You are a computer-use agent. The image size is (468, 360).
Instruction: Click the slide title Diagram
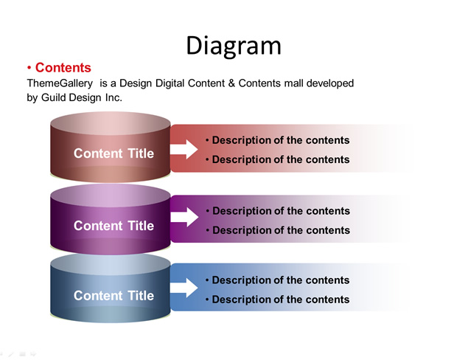pos(234,46)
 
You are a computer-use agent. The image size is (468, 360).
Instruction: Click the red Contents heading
pos(63,68)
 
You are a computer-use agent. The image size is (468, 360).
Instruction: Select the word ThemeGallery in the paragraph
pos(60,83)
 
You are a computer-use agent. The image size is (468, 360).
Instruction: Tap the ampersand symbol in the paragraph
pos(231,83)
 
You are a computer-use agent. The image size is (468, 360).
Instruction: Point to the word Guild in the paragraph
pos(53,97)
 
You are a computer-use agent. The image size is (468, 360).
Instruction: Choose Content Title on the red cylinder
pos(113,153)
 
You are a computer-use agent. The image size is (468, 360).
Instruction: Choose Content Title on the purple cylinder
pos(113,226)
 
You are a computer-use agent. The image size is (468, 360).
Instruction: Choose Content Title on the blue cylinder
pos(113,296)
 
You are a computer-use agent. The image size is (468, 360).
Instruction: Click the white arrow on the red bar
pos(184,149)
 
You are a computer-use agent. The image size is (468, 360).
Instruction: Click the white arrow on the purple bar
pos(184,217)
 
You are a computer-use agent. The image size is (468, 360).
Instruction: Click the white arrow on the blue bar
pos(184,288)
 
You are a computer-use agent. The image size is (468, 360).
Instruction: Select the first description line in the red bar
pos(278,140)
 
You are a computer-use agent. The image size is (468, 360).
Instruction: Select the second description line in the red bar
pos(278,159)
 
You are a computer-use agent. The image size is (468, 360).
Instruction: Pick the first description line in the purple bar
pos(278,211)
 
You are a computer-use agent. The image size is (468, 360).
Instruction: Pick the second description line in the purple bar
pos(278,230)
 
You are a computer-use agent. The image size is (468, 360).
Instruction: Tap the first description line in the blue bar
pos(278,280)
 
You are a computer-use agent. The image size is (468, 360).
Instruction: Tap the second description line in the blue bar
pos(278,300)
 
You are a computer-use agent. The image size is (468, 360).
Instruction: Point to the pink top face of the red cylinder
pos(111,123)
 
